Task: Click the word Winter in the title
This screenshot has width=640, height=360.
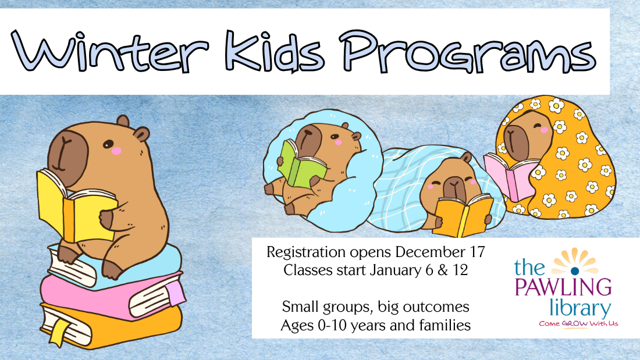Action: [x=110, y=51]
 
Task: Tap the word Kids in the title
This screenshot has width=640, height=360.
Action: [x=275, y=51]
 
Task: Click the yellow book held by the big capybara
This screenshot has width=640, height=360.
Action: [x=76, y=208]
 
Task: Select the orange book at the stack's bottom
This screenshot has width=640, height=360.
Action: [x=110, y=326]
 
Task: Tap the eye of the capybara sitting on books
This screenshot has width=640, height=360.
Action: [x=108, y=144]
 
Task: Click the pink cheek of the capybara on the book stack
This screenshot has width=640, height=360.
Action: [x=117, y=151]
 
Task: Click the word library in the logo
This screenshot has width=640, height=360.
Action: [x=580, y=308]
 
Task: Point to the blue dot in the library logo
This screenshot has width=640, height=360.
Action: [x=575, y=270]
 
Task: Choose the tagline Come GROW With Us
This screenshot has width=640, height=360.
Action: [x=578, y=324]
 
